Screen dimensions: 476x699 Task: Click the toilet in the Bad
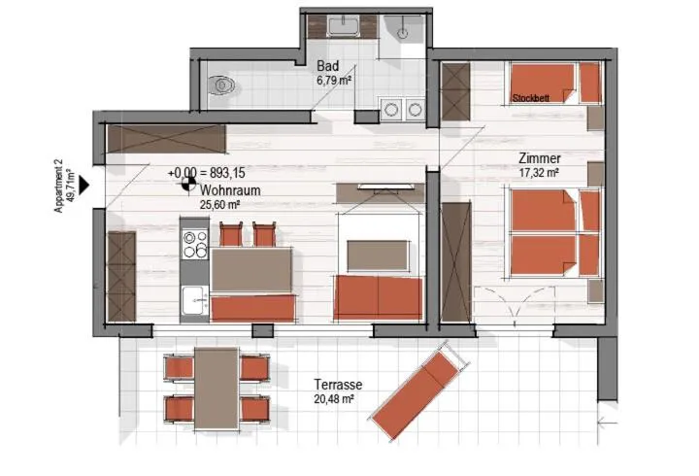tap(224, 85)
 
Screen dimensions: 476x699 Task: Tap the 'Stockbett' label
tap(533, 98)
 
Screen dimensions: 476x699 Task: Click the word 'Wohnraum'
tap(230, 191)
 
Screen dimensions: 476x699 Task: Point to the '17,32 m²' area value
tap(539, 173)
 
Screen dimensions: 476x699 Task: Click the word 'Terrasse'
tap(338, 385)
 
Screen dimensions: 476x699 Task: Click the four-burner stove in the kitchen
tap(195, 242)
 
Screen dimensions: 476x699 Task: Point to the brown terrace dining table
tap(216, 389)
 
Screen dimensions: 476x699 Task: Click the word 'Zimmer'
tap(540, 159)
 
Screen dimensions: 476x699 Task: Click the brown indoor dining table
tap(251, 270)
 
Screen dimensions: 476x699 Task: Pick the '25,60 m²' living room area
tap(220, 205)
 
